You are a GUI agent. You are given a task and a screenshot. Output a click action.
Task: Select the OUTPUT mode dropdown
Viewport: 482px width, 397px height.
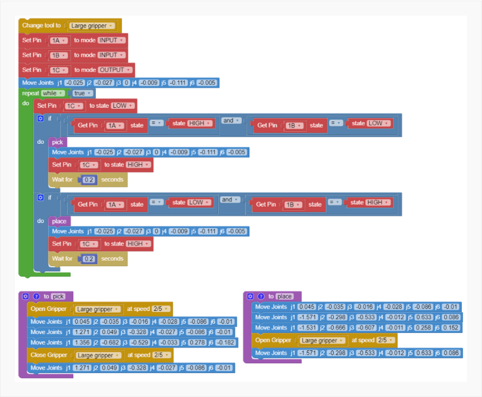(115, 70)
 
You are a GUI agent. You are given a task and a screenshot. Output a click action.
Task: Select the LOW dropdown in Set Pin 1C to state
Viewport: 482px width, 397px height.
(123, 106)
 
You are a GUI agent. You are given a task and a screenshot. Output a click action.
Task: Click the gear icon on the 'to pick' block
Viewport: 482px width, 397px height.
(26, 296)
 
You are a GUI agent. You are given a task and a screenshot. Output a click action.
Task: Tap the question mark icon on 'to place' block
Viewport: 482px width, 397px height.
(260, 296)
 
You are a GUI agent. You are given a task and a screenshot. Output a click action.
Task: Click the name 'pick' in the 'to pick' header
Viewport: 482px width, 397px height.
(58, 296)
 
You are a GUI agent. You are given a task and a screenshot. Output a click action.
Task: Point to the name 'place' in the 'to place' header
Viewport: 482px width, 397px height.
(284, 296)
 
